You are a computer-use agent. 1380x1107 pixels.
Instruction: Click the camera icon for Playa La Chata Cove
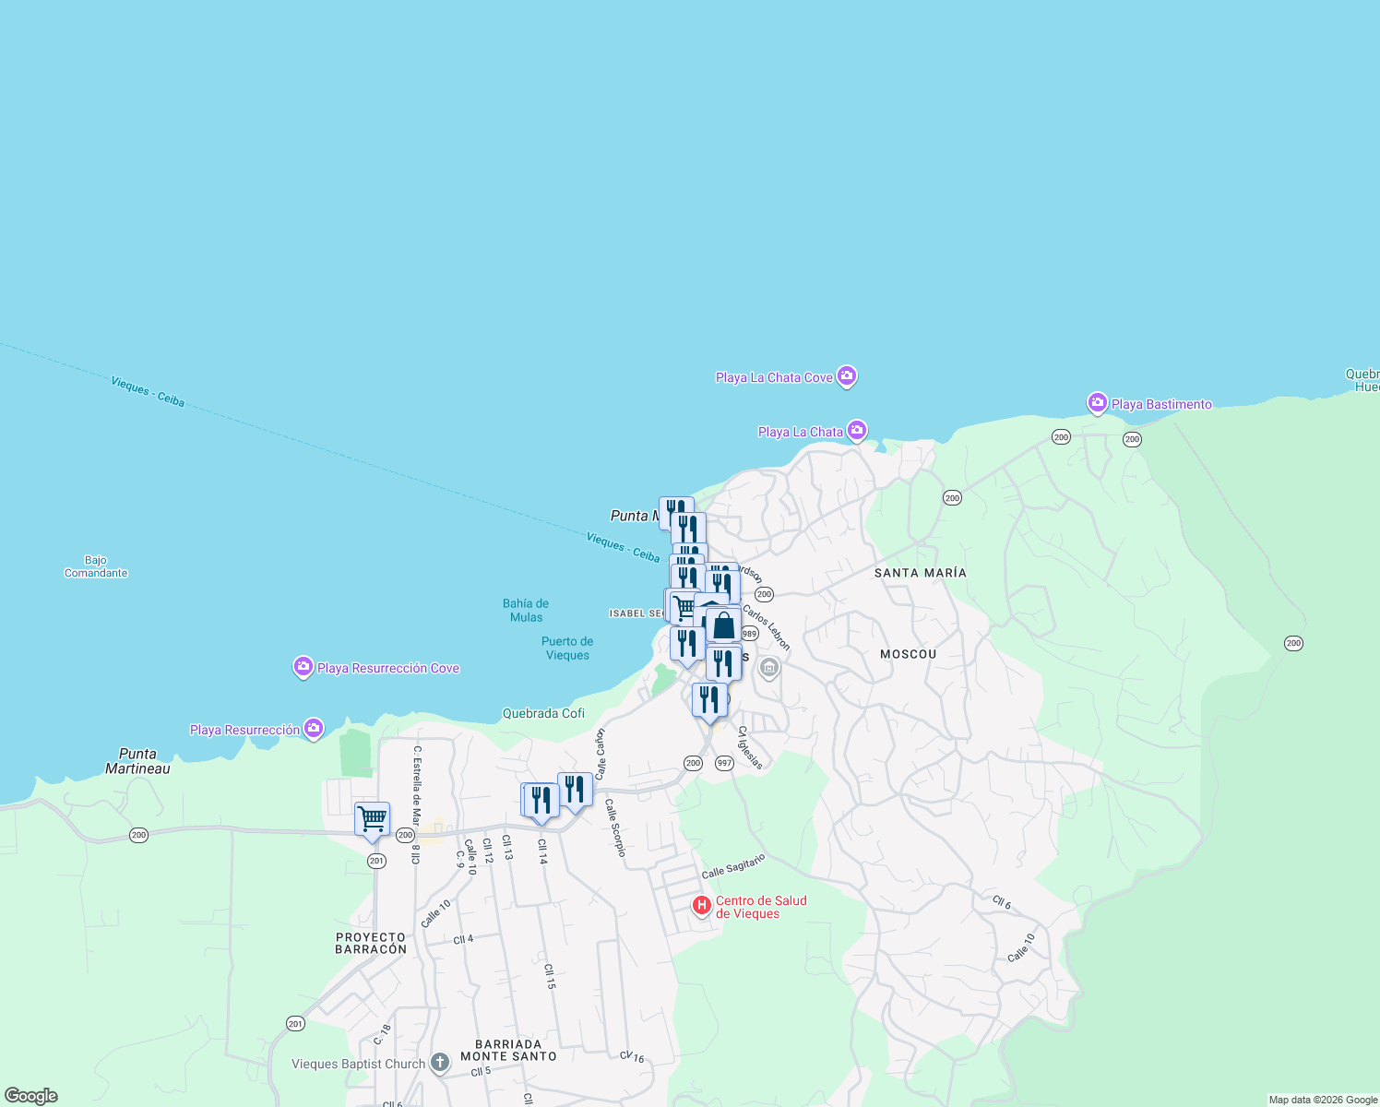point(847,376)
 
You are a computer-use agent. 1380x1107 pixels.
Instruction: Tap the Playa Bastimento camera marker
point(1097,403)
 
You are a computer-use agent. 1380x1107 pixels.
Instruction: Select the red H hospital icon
point(702,906)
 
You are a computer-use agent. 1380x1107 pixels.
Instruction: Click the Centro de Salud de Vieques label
point(761,907)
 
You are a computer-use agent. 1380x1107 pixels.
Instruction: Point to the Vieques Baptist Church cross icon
point(440,1063)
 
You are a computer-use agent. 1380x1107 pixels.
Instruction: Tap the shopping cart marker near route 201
point(372,819)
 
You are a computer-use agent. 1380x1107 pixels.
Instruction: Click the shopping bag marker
point(724,626)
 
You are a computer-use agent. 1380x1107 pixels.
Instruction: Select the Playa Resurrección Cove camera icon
point(303,667)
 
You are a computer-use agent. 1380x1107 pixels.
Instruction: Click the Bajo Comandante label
point(96,566)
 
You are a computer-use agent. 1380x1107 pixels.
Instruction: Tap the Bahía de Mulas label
point(526,610)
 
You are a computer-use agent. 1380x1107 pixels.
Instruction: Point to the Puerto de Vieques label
point(567,648)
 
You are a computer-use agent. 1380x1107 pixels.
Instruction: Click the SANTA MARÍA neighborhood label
point(920,573)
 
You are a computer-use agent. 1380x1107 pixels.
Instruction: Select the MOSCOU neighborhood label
point(908,654)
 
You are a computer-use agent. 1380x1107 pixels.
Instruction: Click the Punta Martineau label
point(137,761)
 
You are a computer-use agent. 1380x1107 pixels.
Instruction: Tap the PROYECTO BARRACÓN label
point(371,943)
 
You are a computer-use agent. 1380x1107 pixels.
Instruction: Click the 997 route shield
point(724,763)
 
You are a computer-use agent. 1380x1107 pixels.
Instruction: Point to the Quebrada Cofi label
point(543,713)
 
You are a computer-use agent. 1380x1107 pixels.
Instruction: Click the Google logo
point(31,1096)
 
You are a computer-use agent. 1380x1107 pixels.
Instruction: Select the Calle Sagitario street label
point(733,866)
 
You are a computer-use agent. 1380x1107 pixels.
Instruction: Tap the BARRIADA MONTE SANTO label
point(508,1050)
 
